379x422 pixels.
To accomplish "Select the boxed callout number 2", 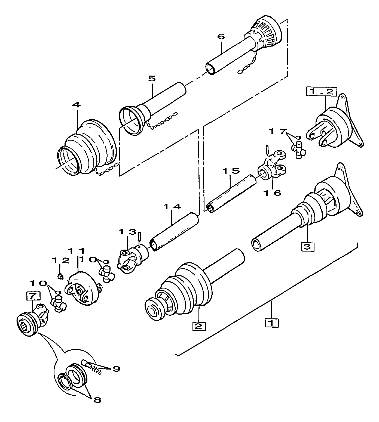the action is pyautogui.click(x=199, y=326).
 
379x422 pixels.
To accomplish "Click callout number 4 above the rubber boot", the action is pyautogui.click(x=76, y=105).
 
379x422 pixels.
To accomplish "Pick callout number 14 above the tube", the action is pyautogui.click(x=172, y=207).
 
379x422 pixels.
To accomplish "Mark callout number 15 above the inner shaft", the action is pyautogui.click(x=230, y=171).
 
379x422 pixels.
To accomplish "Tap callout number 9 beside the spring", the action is pyautogui.click(x=116, y=369).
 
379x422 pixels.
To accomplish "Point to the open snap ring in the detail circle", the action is pyautogui.click(x=65, y=381).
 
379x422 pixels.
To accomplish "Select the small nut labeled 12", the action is pyautogui.click(x=61, y=277).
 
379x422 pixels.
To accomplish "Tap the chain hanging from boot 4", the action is pyautogui.click(x=107, y=169).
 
